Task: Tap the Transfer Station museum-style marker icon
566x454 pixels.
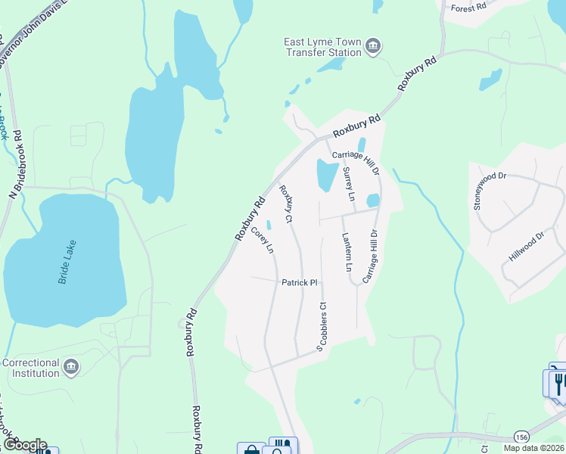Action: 372,48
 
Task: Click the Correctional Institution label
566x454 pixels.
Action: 31,368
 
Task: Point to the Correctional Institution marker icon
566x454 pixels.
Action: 71,368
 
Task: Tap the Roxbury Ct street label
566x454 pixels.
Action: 285,204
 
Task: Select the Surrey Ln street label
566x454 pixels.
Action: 350,185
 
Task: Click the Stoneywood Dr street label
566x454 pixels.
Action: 489,191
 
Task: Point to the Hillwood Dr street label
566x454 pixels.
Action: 526,247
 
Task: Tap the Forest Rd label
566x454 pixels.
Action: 468,8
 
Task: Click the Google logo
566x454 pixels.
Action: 24,445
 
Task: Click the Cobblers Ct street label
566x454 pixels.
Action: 323,327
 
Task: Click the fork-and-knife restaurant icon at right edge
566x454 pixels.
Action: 558,382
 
